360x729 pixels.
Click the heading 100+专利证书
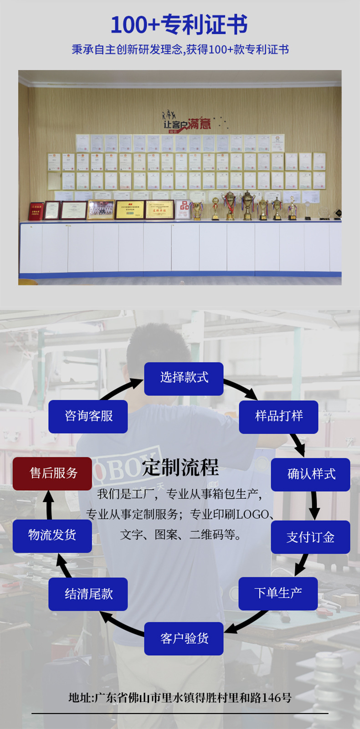pyautogui.click(x=180, y=25)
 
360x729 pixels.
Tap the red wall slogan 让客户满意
pyautogui.click(x=187, y=123)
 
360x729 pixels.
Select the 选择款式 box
pyautogui.click(x=184, y=379)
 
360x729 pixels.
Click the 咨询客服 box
pyautogui.click(x=88, y=416)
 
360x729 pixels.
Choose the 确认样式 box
pyautogui.click(x=311, y=474)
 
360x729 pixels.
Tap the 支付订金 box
pyautogui.click(x=310, y=537)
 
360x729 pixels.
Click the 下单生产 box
pyautogui.click(x=278, y=593)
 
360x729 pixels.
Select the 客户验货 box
pyautogui.click(x=184, y=638)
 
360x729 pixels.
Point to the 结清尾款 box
pyautogui.click(x=88, y=594)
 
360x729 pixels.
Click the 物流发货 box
pyautogui.click(x=52, y=536)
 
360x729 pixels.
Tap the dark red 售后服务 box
pyautogui.click(x=52, y=474)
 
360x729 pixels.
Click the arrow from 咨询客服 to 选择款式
pyautogui.click(x=121, y=389)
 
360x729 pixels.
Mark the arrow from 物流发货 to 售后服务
pyautogui.click(x=49, y=504)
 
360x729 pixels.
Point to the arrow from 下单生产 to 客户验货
pyautogui.click(x=246, y=622)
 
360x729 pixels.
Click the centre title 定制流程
pyautogui.click(x=180, y=467)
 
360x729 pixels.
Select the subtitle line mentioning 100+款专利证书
pyautogui.click(x=180, y=50)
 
